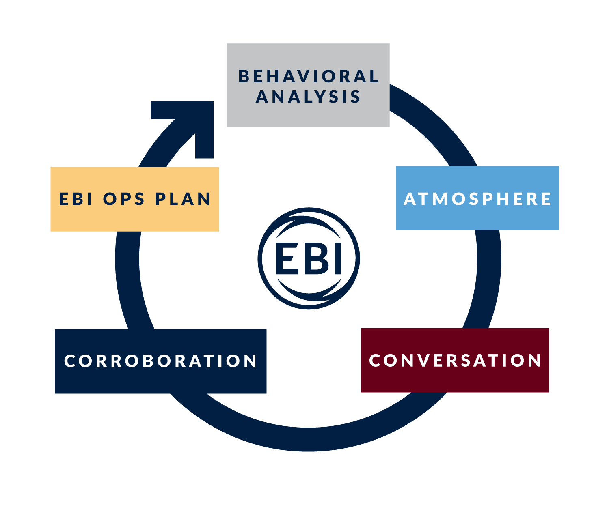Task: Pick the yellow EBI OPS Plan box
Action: (x=134, y=217)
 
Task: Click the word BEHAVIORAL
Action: (x=309, y=76)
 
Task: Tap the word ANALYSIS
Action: (x=308, y=97)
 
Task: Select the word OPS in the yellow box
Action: (x=124, y=199)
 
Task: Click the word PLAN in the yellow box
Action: (x=183, y=199)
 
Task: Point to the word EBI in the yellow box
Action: (x=76, y=199)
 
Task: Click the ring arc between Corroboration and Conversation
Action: (x=309, y=439)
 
